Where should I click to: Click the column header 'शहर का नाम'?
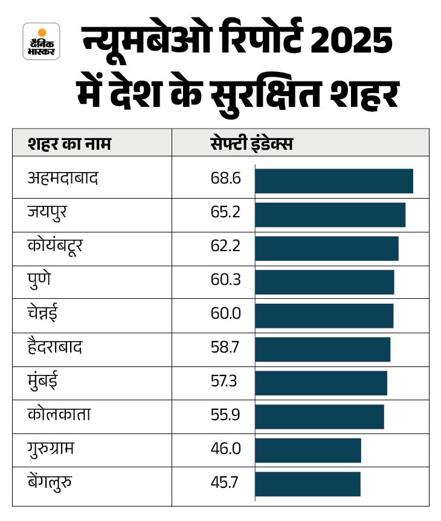(x=69, y=144)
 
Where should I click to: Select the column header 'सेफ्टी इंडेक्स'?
(x=251, y=144)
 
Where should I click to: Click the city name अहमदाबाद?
(x=63, y=179)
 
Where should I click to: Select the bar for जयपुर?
(x=330, y=215)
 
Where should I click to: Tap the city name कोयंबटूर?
(x=63, y=248)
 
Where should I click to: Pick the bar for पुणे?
(x=324, y=282)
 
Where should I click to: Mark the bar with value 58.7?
(x=323, y=349)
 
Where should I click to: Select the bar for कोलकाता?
(x=320, y=417)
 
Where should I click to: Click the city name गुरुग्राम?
(x=55, y=450)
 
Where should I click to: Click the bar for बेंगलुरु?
(x=307, y=484)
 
